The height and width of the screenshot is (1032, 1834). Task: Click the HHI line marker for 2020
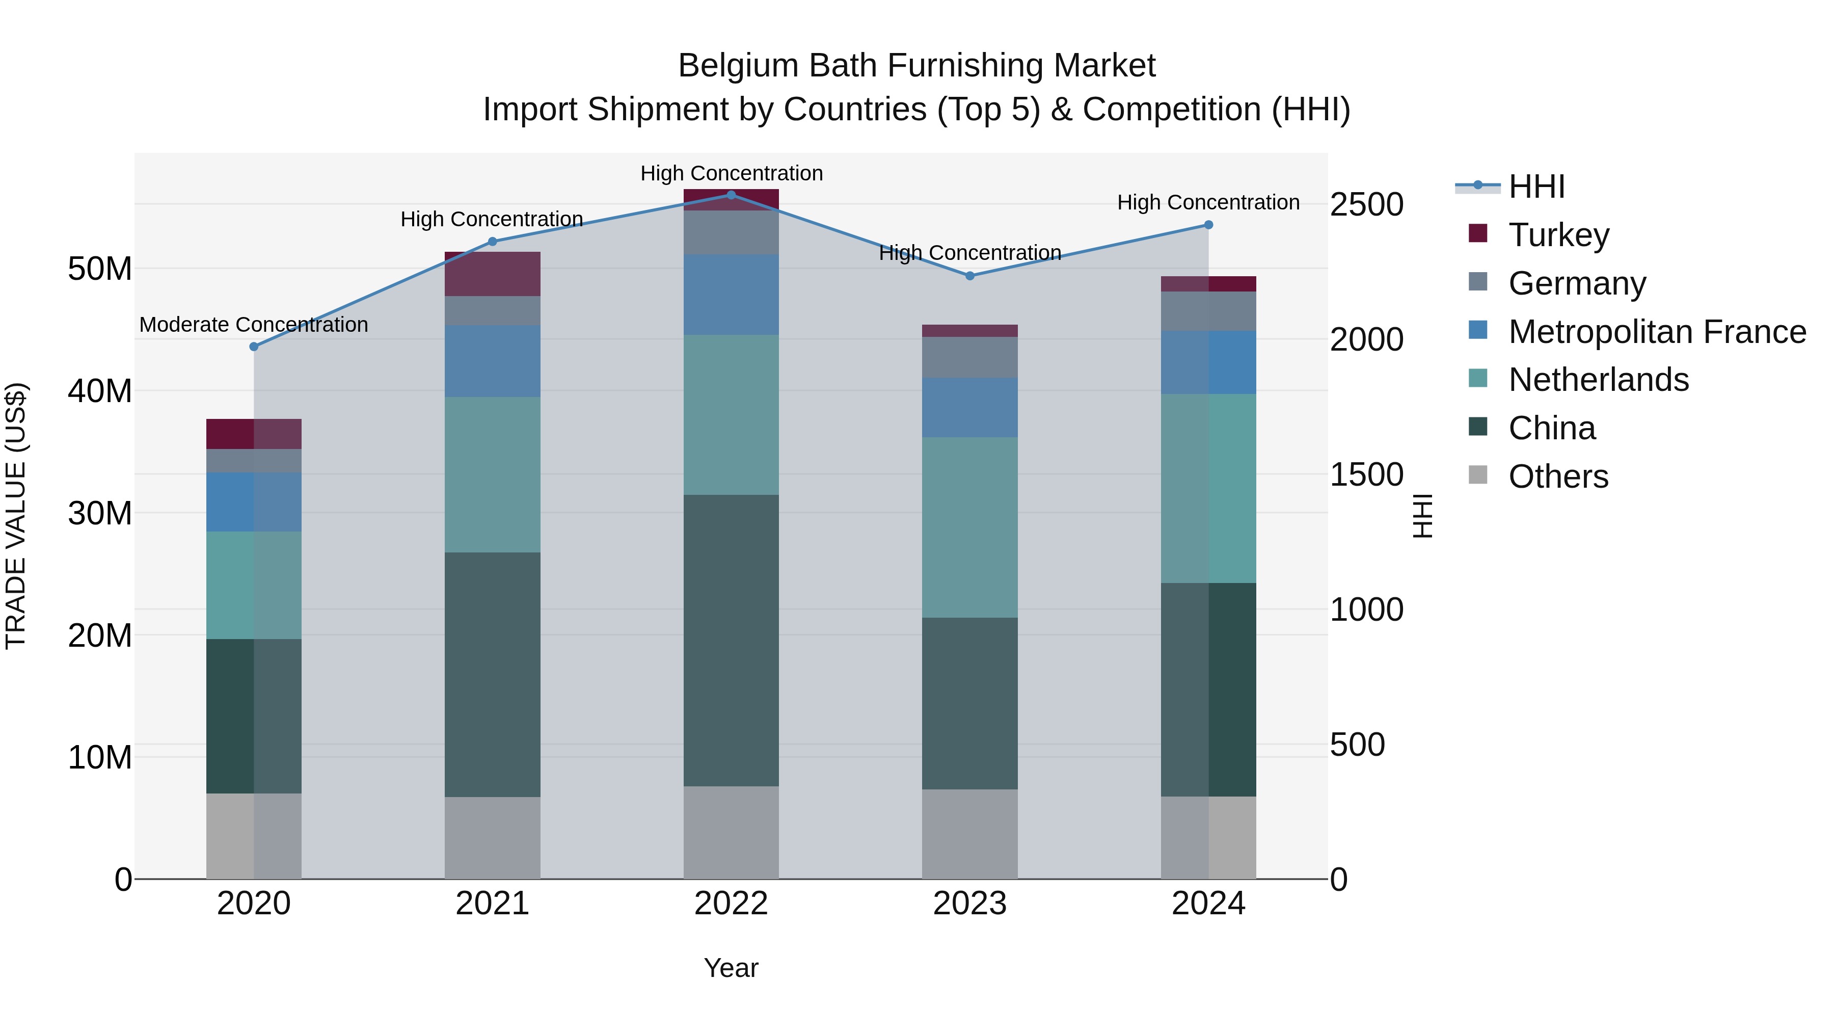[254, 347]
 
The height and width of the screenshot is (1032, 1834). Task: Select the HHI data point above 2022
[731, 195]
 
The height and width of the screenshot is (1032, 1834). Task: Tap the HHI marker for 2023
[969, 276]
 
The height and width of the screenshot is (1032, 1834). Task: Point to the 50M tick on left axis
[100, 269]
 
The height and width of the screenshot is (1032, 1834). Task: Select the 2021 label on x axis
[492, 904]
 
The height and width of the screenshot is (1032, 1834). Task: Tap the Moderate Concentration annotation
[254, 325]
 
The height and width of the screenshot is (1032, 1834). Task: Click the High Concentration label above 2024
[1208, 203]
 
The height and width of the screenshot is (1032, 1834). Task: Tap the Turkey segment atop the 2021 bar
[492, 274]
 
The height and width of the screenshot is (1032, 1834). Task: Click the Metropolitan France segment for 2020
[254, 501]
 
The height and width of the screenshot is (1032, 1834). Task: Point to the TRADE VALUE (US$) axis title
[16, 516]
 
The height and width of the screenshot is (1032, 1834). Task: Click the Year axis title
[731, 968]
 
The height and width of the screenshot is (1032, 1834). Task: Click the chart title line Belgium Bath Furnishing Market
[916, 66]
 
